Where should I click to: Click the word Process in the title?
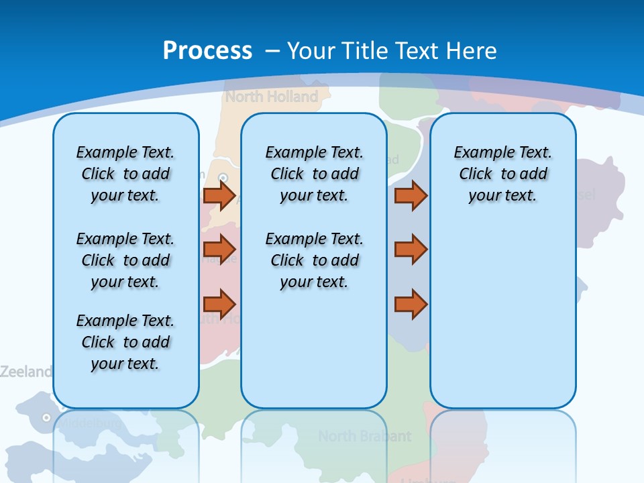tap(207, 51)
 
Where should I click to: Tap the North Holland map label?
tap(271, 97)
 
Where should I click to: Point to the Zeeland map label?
tap(25, 372)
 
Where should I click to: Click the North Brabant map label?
tap(364, 436)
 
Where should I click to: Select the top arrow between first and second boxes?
tap(219, 195)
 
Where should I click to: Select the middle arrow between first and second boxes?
tap(219, 250)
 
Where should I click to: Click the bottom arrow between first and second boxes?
tap(219, 303)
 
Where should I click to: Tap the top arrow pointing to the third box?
tap(411, 195)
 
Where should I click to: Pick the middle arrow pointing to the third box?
tap(411, 250)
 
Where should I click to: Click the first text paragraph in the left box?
tap(125, 174)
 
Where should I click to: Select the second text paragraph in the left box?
tap(125, 260)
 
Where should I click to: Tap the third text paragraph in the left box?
tap(125, 342)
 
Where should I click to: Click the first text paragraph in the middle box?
tap(314, 174)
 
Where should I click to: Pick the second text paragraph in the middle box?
tap(314, 260)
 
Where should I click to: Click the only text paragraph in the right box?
tap(503, 174)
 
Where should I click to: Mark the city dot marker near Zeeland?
tap(46, 417)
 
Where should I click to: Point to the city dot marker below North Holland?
tap(224, 178)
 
